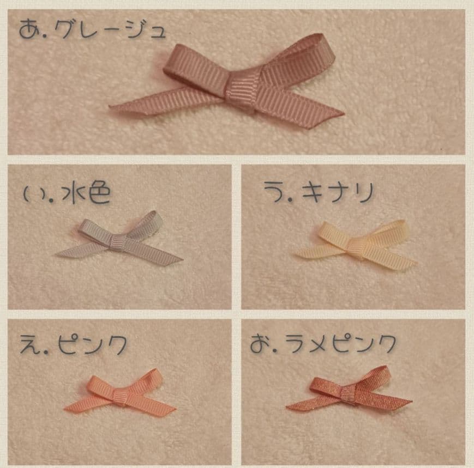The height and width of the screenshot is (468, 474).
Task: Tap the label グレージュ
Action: pyautogui.click(x=111, y=29)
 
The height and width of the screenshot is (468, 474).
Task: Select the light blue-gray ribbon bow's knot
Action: pyautogui.click(x=117, y=244)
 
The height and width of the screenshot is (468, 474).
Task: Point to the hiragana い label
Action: pyautogui.click(x=34, y=195)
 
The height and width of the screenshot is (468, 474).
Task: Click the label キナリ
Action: pyautogui.click(x=338, y=193)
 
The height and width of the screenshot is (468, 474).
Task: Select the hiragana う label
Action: pyautogui.click(x=274, y=191)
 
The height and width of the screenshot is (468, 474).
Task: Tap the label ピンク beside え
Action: pyautogui.click(x=92, y=344)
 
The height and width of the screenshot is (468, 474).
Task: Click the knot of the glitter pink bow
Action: pyautogui.click(x=349, y=394)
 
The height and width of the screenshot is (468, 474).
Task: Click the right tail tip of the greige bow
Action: pyautogui.click(x=344, y=113)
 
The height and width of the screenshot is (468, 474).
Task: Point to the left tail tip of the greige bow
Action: pyautogui.click(x=110, y=106)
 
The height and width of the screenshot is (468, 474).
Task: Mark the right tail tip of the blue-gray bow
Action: pyautogui.click(x=182, y=259)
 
